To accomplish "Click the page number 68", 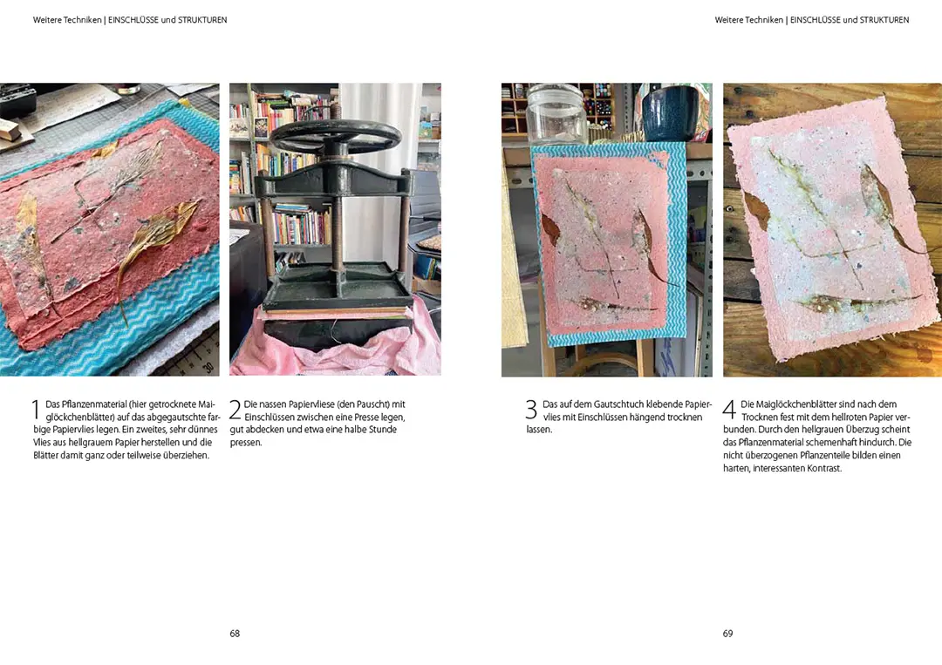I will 235,634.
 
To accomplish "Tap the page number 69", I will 727,634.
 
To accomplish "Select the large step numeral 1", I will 35,410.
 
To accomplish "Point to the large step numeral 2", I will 235,410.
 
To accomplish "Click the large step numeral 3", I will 531,410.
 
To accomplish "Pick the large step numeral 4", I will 729,410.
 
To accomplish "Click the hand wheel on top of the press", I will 336,137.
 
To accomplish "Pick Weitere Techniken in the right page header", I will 748,20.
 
